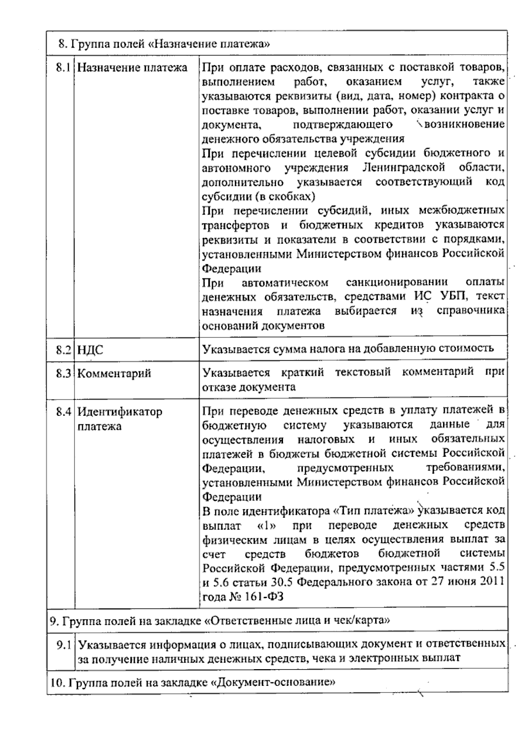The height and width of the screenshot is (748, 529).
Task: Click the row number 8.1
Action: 63,67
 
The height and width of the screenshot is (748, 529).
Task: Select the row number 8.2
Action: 63,350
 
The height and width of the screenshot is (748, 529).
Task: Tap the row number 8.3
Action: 63,373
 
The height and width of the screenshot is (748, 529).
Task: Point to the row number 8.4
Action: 63,412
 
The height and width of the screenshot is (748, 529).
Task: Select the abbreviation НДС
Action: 90,350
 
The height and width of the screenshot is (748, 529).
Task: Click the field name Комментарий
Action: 114,374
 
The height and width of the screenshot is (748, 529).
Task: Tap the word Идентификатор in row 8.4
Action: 120,412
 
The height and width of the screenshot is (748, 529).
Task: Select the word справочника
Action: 470,311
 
